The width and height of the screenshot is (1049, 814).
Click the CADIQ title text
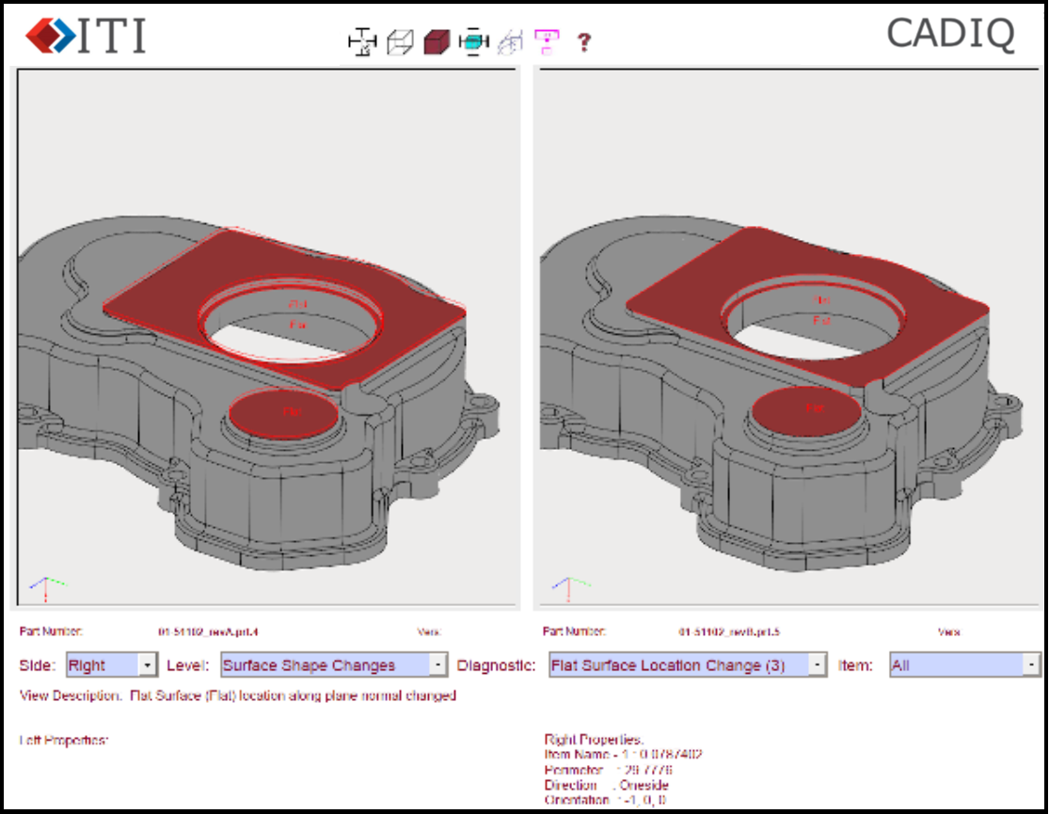pyautogui.click(x=950, y=35)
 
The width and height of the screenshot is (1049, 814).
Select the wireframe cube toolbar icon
pyautogui.click(x=401, y=42)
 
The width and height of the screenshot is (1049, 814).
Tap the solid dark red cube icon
pyautogui.click(x=437, y=42)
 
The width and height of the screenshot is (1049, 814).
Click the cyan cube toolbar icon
pyautogui.click(x=474, y=42)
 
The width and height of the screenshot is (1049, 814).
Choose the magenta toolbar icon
pyautogui.click(x=547, y=41)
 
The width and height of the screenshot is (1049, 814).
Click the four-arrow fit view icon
pyautogui.click(x=362, y=42)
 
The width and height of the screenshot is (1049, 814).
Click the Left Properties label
pyautogui.click(x=64, y=741)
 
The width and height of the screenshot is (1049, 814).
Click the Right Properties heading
pyautogui.click(x=594, y=740)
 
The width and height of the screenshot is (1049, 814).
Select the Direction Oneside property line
pyautogui.click(x=606, y=785)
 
